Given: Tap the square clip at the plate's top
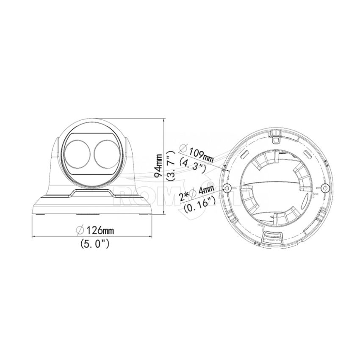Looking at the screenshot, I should pyautogui.click(x=276, y=138).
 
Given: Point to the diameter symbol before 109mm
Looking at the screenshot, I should pyautogui.click(x=183, y=149).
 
